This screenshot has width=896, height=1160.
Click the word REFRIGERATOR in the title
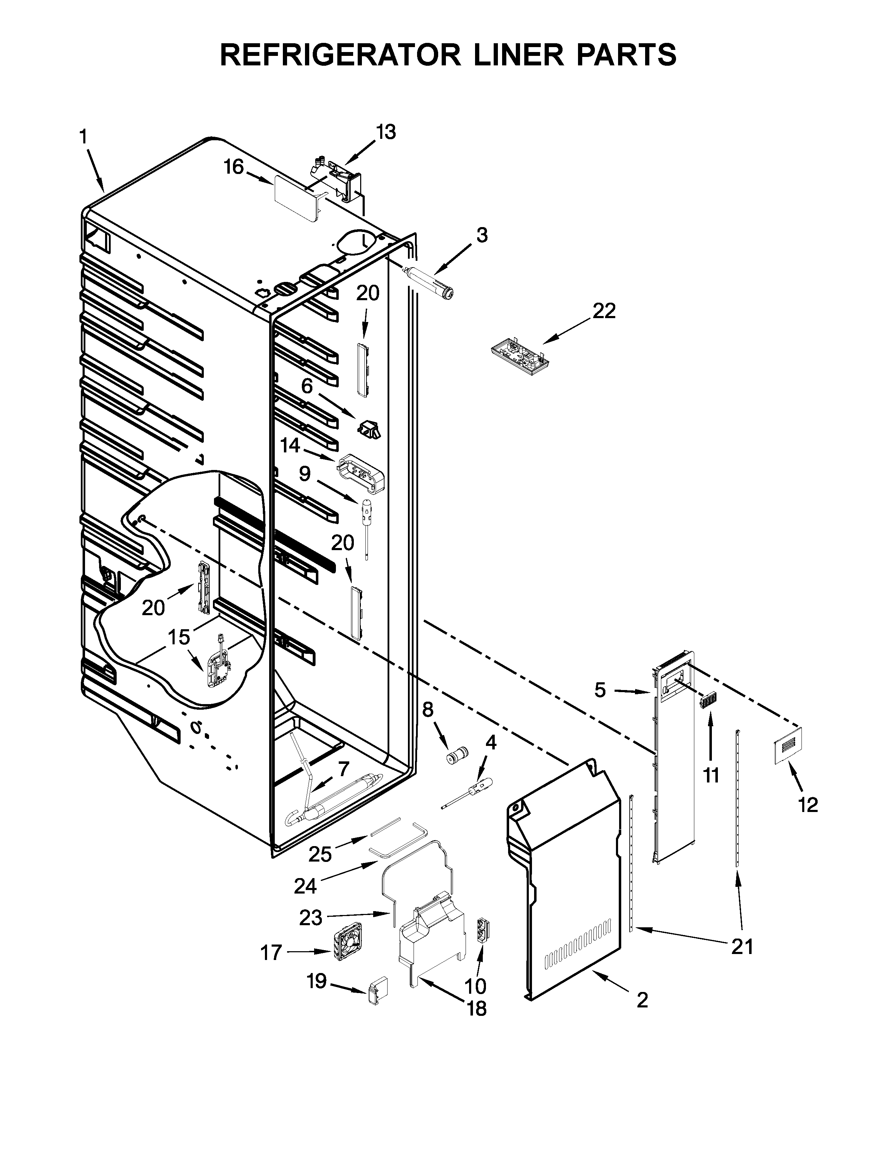click(x=340, y=55)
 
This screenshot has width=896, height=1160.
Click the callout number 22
click(x=604, y=311)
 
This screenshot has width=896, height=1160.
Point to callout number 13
click(x=386, y=132)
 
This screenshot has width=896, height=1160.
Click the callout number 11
click(x=711, y=775)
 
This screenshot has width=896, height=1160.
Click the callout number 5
click(x=600, y=690)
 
